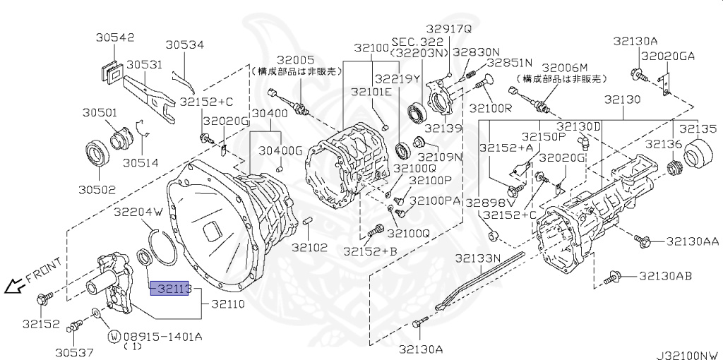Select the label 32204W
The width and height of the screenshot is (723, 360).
pos(138,211)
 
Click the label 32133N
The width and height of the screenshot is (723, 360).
pos(477,259)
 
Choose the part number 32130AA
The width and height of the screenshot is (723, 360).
pos(692,242)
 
